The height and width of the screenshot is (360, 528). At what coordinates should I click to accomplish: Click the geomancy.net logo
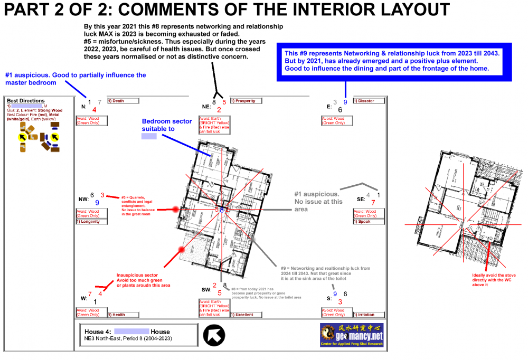[351, 335]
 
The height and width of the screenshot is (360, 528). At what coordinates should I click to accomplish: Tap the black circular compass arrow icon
[214, 335]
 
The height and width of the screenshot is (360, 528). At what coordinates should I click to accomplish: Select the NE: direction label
[206, 106]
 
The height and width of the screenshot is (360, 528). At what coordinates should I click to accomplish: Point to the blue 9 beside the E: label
[345, 102]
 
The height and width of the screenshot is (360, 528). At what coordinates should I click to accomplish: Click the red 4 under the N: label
[94, 109]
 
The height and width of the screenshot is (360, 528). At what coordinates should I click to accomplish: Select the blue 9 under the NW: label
[97, 202]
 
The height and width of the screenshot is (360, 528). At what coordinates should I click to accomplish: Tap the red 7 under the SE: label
[373, 202]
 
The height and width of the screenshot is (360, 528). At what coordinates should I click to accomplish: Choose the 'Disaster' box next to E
[368, 101]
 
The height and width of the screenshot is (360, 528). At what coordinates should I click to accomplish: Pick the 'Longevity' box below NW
[92, 222]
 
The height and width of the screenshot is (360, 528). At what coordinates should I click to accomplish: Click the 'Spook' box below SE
[369, 222]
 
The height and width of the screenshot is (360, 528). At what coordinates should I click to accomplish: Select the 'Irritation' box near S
[368, 315]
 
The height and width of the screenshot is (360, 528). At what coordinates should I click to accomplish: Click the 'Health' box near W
[123, 315]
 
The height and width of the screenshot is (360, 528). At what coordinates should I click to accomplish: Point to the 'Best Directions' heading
[26, 100]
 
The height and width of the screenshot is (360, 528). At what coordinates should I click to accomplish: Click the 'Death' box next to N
[123, 101]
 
